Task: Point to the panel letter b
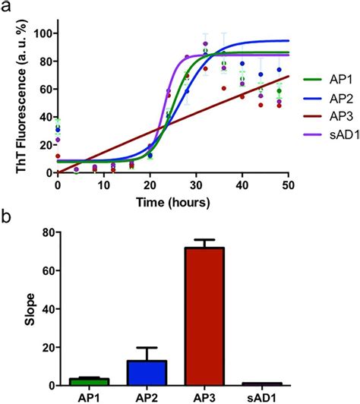7,215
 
